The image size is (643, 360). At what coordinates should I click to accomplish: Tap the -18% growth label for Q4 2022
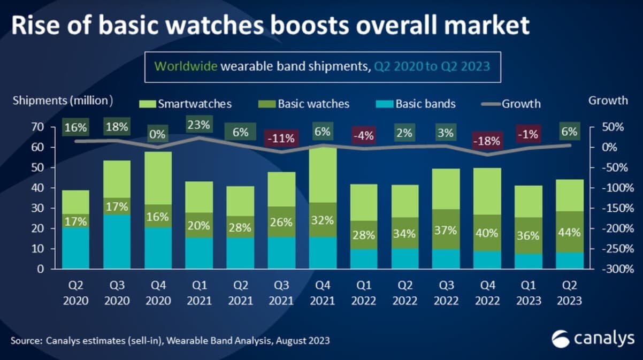coord(487,141)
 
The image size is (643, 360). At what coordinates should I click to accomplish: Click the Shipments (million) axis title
coord(62,100)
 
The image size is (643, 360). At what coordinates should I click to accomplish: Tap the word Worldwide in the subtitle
coord(186,67)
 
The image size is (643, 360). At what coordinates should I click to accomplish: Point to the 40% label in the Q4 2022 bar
coord(487,233)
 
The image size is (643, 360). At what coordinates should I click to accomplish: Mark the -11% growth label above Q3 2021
coord(281,138)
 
